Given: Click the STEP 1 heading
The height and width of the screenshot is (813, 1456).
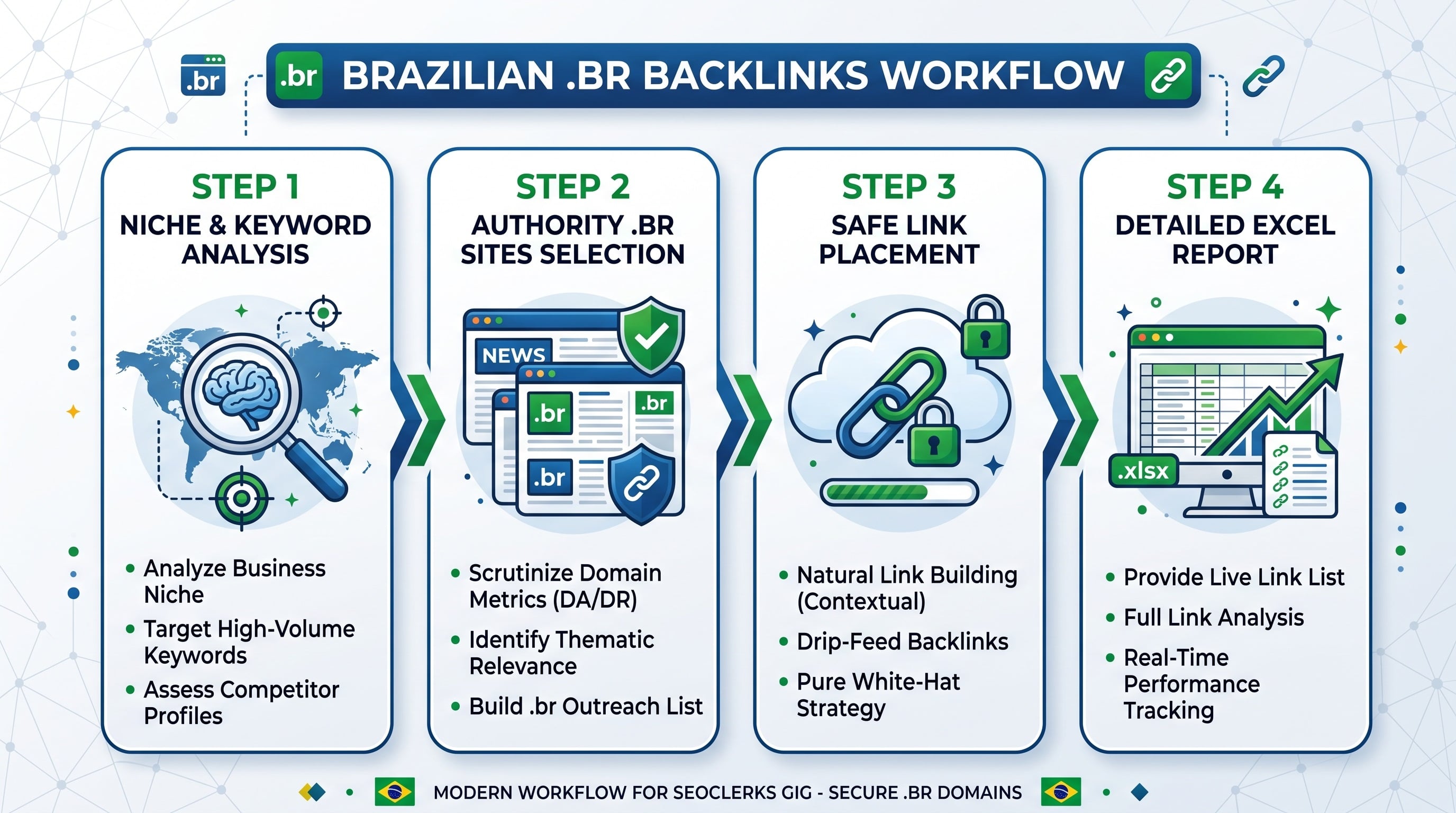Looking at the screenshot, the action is [245, 187].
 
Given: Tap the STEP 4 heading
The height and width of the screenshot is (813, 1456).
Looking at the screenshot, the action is [1225, 187].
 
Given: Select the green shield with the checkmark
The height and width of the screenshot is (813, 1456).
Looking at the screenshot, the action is [651, 335].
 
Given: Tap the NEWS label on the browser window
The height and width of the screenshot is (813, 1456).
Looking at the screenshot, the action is [513, 355].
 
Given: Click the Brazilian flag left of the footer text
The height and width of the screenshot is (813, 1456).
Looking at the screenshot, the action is [395, 791].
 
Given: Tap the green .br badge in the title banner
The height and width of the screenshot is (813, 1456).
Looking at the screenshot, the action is [298, 75].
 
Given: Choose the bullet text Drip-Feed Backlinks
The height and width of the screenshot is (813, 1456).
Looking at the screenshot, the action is [902, 642].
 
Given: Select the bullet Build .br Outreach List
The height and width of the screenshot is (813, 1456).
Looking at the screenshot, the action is [586, 706].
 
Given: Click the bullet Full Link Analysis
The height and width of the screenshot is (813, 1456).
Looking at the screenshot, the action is [1214, 617].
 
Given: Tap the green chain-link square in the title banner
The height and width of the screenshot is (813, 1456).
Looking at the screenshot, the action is [1168, 75].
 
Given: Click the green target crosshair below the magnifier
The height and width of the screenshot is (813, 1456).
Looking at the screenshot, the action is [242, 498].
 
